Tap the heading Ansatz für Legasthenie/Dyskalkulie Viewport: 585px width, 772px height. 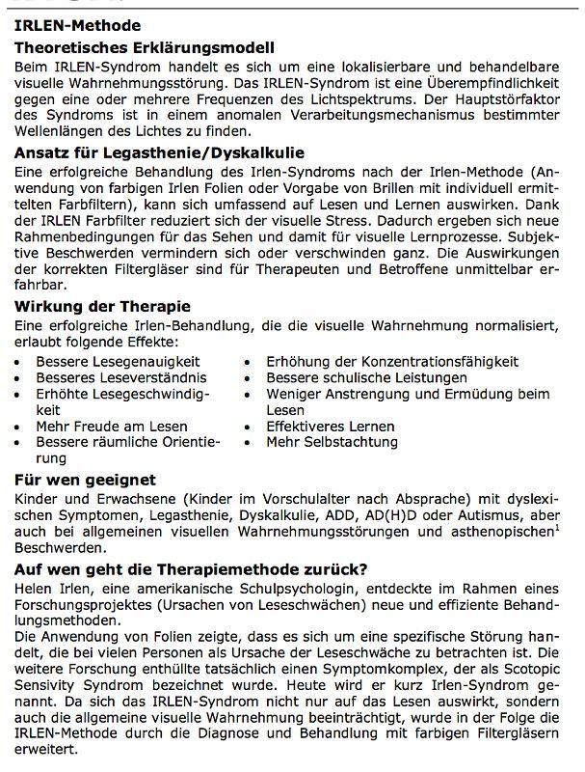tap(160, 152)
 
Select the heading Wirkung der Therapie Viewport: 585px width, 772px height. tap(102, 307)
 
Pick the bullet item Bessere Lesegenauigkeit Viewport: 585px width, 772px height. tap(113, 361)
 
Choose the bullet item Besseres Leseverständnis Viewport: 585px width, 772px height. tap(110, 377)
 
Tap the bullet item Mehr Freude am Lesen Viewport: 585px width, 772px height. tap(112, 426)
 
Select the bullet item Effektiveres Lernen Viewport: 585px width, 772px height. tap(331, 426)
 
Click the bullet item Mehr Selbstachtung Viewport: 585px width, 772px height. tap(332, 442)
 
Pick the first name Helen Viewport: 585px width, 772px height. tap(36, 587)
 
